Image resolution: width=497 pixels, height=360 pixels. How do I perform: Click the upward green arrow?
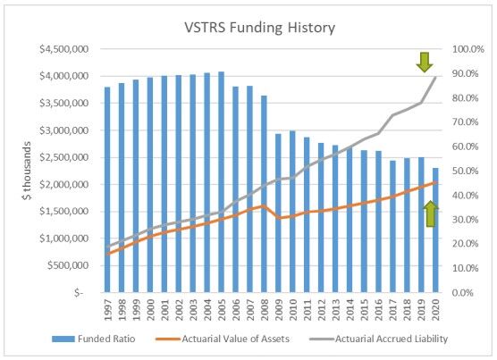tap(430, 213)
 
